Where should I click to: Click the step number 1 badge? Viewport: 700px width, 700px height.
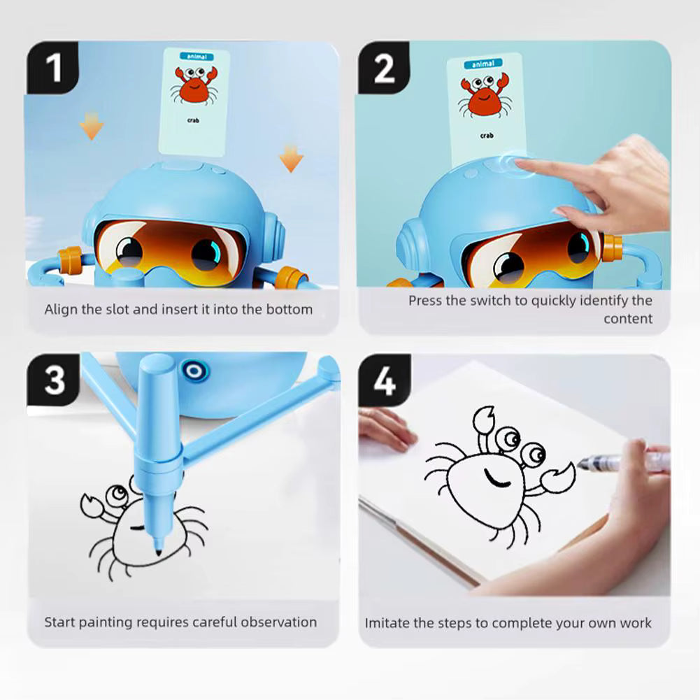[x=53, y=69]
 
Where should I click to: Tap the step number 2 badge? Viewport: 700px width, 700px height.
[x=384, y=69]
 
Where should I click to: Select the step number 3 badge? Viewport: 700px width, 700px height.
[x=54, y=380]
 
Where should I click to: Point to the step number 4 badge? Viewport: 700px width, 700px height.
[x=384, y=380]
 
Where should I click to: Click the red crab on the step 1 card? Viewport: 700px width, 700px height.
[x=193, y=85]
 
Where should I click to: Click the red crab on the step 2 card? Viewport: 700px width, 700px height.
[x=481, y=94]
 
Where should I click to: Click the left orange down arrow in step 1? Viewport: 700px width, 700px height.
[x=91, y=126]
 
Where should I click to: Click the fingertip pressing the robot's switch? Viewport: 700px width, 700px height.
[x=519, y=164]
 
